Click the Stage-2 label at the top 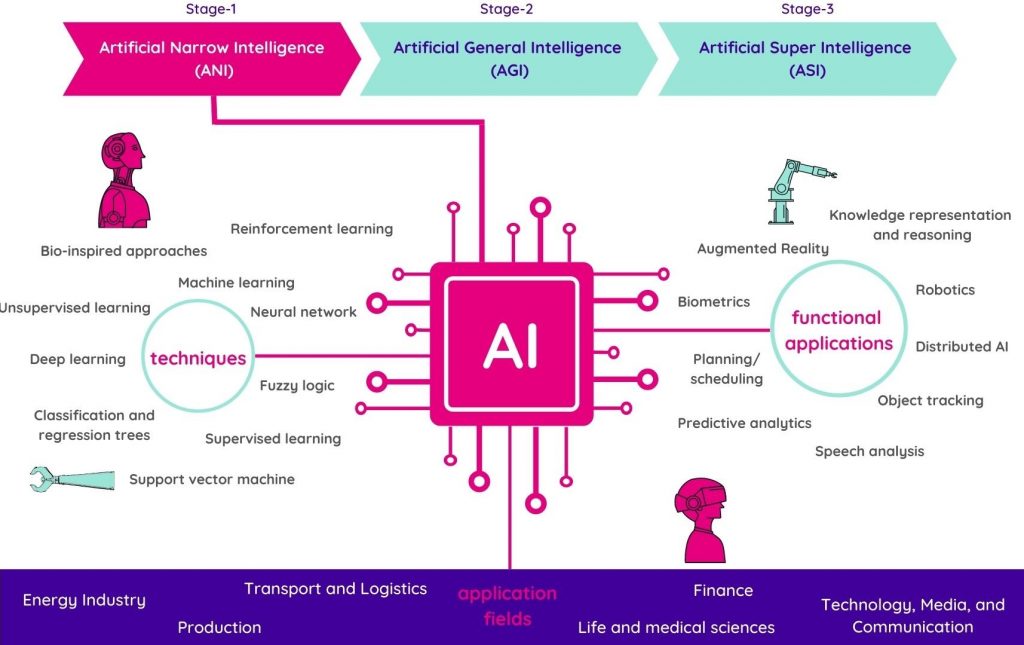tap(507, 9)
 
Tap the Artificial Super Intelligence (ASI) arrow tap(805, 58)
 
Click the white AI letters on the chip tap(511, 344)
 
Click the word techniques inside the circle tap(198, 358)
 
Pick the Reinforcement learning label tap(311, 229)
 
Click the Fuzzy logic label tap(297, 385)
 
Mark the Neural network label tap(303, 312)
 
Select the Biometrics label tap(713, 302)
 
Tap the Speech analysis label tap(869, 451)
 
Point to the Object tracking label tap(930, 401)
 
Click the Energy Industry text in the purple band tap(84, 601)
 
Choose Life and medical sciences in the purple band tap(676, 628)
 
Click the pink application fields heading tap(507, 606)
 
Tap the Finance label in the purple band tap(723, 591)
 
